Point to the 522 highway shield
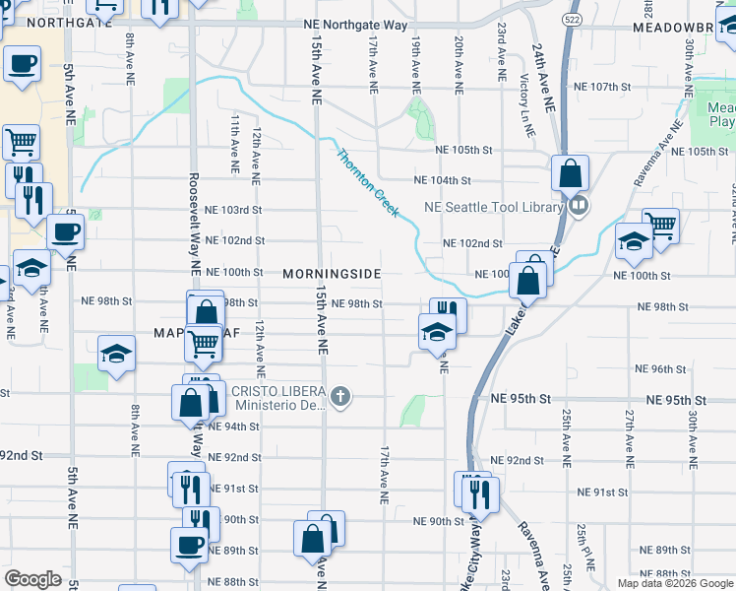coord(571,19)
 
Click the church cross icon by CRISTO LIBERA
coord(340,397)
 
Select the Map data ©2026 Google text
coord(674,583)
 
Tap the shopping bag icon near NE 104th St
coord(571,173)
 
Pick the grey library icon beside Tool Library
coord(579,207)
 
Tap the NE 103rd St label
coord(227,210)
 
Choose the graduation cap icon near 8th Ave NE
coord(117,353)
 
